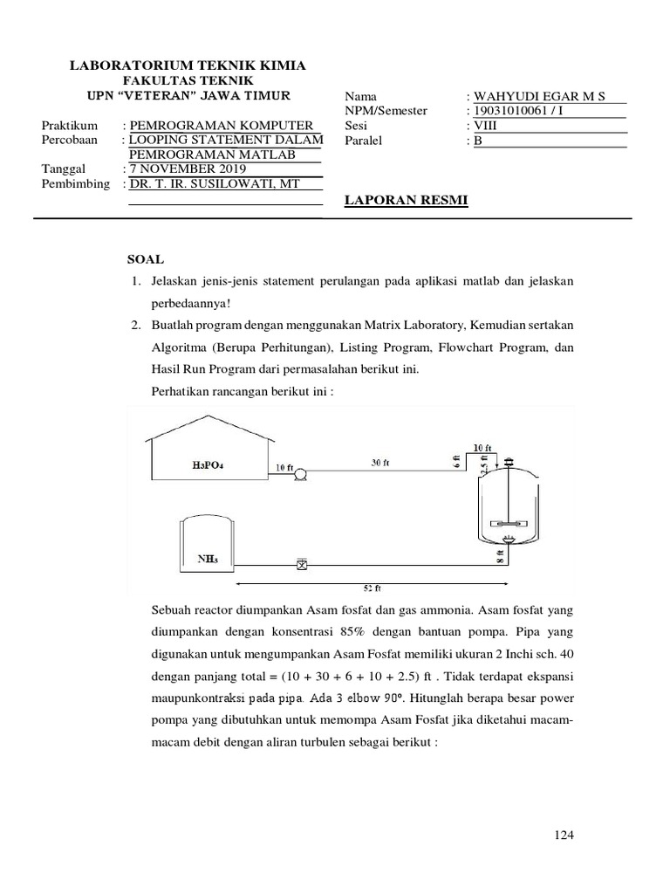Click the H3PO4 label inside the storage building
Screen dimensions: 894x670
(x=209, y=466)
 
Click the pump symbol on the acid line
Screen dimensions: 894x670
(x=299, y=473)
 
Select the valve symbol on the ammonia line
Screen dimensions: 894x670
(x=302, y=565)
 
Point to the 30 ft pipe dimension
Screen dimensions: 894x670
(x=379, y=463)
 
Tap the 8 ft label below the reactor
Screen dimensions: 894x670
(x=501, y=560)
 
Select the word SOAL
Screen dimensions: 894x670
(x=145, y=259)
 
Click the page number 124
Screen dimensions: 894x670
(x=564, y=836)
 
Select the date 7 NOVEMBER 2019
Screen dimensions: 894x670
(x=187, y=169)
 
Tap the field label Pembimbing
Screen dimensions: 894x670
(x=76, y=184)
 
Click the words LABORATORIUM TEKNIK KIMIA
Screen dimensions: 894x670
(x=187, y=65)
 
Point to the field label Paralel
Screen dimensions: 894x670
(x=364, y=141)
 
